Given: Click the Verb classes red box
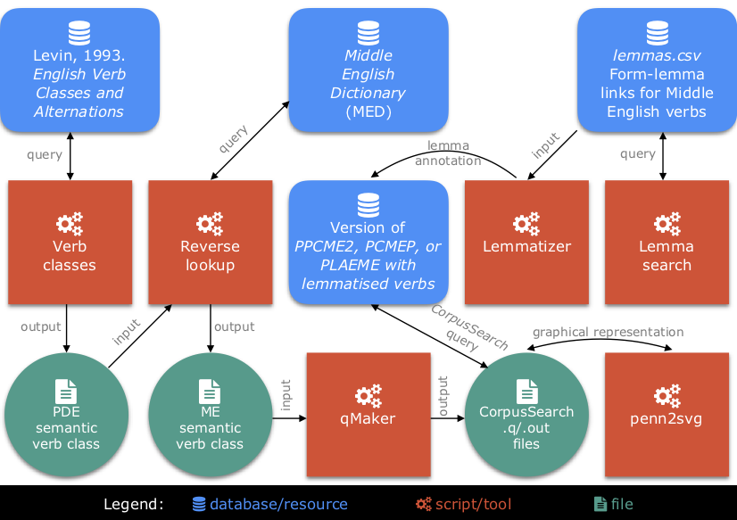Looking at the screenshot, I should (x=70, y=242).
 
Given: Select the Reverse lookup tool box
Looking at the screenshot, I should (x=210, y=242).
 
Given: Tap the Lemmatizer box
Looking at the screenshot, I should (x=526, y=242).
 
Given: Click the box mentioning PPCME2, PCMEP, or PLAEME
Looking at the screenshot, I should (x=368, y=243).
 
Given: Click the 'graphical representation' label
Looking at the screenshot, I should (x=608, y=332).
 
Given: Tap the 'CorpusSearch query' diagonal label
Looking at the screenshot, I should (x=468, y=326).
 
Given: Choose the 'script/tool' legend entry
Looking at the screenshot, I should (x=473, y=504).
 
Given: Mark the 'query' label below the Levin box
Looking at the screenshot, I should (x=45, y=154).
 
